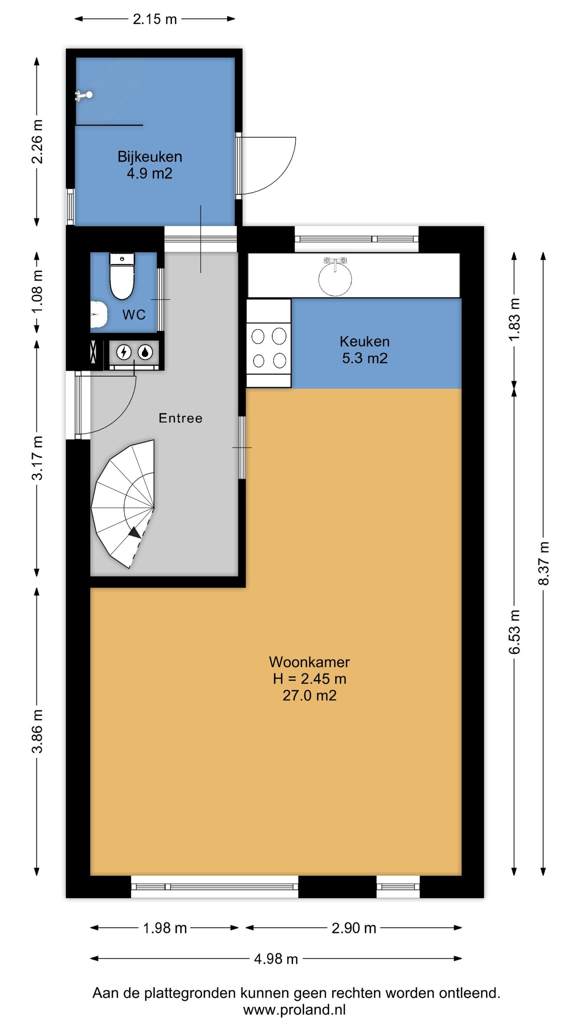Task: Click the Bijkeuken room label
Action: pyautogui.click(x=150, y=157)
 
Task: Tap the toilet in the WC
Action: pyautogui.click(x=122, y=276)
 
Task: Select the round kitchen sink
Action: pyautogui.click(x=335, y=279)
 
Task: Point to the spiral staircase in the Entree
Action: pyautogui.click(x=123, y=504)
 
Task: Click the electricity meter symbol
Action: pyautogui.click(x=124, y=352)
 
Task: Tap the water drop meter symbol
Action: pyautogui.click(x=145, y=352)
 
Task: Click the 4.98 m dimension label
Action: pyautogui.click(x=276, y=959)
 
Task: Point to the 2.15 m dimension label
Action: pyautogui.click(x=155, y=19)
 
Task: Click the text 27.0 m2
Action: pyautogui.click(x=309, y=696)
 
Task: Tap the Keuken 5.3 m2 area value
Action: pyautogui.click(x=365, y=358)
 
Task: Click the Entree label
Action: pyautogui.click(x=180, y=418)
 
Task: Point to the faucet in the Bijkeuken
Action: pyautogui.click(x=84, y=95)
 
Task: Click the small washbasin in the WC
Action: pyautogui.click(x=99, y=315)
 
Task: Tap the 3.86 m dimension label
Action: pyautogui.click(x=37, y=731)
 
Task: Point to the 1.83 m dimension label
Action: pyautogui.click(x=514, y=319)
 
